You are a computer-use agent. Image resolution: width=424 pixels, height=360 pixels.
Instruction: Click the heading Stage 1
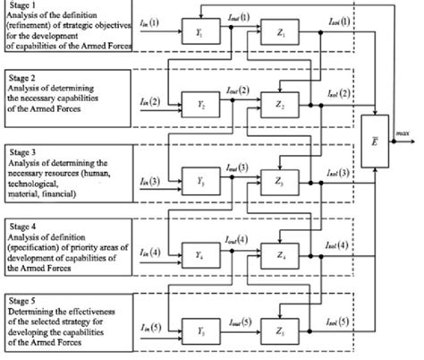tap(22, 7)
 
